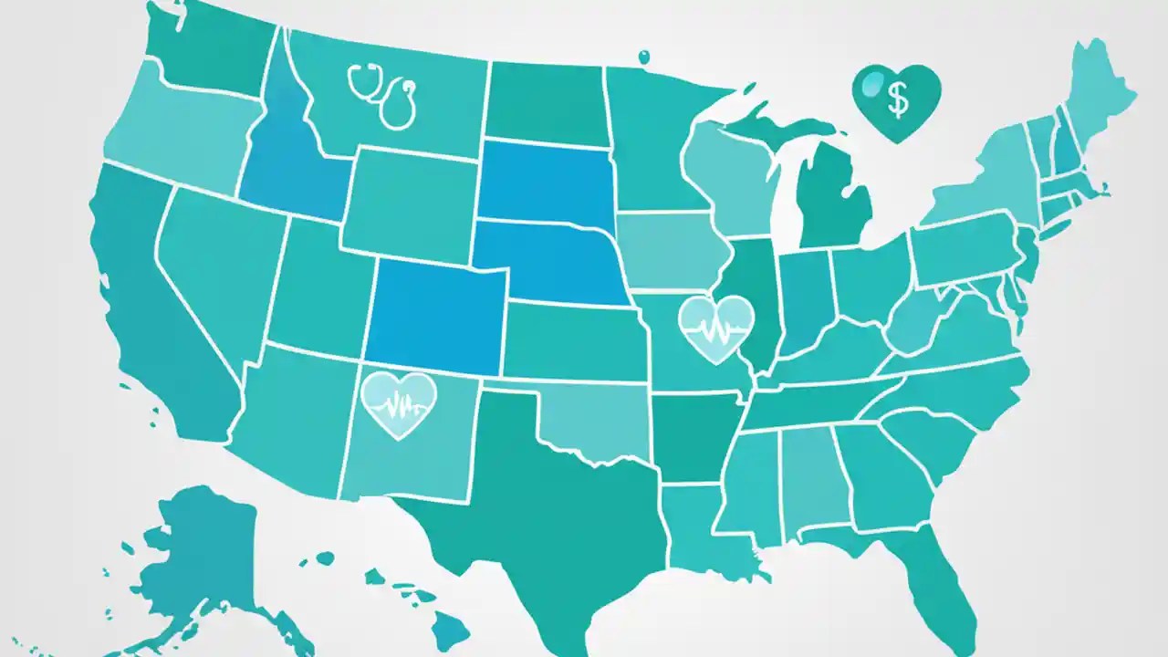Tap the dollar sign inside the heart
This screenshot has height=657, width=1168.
[x=897, y=100]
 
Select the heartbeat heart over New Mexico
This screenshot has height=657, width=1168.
[x=399, y=401]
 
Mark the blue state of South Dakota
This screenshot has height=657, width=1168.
[x=545, y=182]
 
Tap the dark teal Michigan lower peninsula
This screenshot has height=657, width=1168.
[x=830, y=196]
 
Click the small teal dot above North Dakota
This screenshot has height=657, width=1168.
[x=643, y=57]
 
